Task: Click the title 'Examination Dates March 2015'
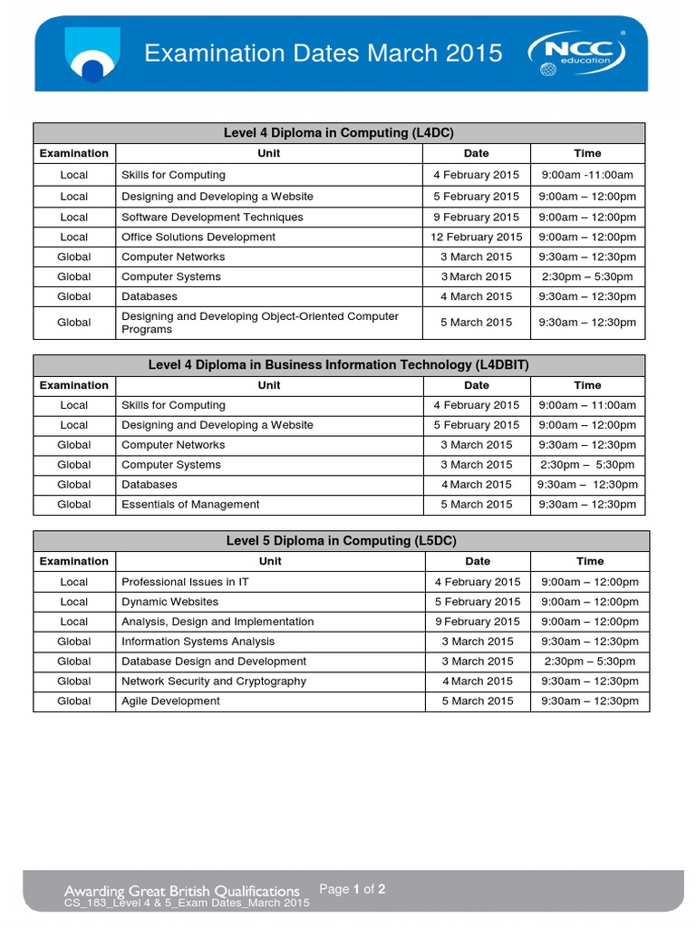324,53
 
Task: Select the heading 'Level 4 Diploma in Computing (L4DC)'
340,133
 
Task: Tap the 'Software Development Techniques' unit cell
212,217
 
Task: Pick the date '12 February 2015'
477,237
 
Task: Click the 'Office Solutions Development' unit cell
198,237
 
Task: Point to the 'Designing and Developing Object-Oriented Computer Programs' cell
260,323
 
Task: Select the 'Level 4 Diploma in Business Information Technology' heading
340,365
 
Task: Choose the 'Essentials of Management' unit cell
190,505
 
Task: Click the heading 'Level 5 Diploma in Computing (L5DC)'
341,541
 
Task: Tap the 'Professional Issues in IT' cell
185,582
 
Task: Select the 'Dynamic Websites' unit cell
169,602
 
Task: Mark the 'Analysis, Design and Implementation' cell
217,622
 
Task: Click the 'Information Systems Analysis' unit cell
198,642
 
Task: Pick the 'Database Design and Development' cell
214,662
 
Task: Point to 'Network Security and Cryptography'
214,681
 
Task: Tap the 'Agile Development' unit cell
170,701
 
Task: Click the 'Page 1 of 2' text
353,889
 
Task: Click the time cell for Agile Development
590,701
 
